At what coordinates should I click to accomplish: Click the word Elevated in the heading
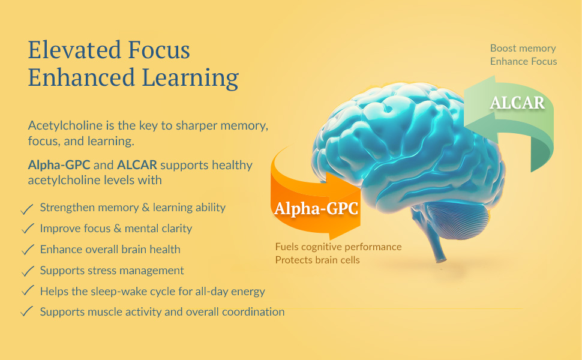point(74,50)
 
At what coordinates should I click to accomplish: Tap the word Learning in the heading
point(190,78)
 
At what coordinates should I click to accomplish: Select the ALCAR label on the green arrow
point(517,103)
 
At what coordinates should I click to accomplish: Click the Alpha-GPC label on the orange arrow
point(316,208)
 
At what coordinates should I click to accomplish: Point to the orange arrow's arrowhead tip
point(361,191)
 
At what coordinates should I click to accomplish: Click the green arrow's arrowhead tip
point(465,125)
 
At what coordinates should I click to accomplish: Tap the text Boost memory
point(523,48)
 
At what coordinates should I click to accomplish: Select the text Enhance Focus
point(523,61)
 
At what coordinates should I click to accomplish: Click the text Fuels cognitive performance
point(338,247)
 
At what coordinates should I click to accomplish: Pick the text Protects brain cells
point(317,260)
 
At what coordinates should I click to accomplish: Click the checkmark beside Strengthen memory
point(27,209)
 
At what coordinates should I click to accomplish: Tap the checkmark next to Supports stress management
point(28,271)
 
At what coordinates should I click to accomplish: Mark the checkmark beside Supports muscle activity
point(27,311)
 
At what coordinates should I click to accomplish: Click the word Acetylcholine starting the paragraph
point(65,125)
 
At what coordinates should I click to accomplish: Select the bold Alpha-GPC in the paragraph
point(59,165)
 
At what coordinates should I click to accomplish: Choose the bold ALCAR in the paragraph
point(137,165)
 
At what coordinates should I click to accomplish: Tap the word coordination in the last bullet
point(253,312)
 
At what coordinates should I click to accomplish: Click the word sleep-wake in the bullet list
point(119,292)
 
